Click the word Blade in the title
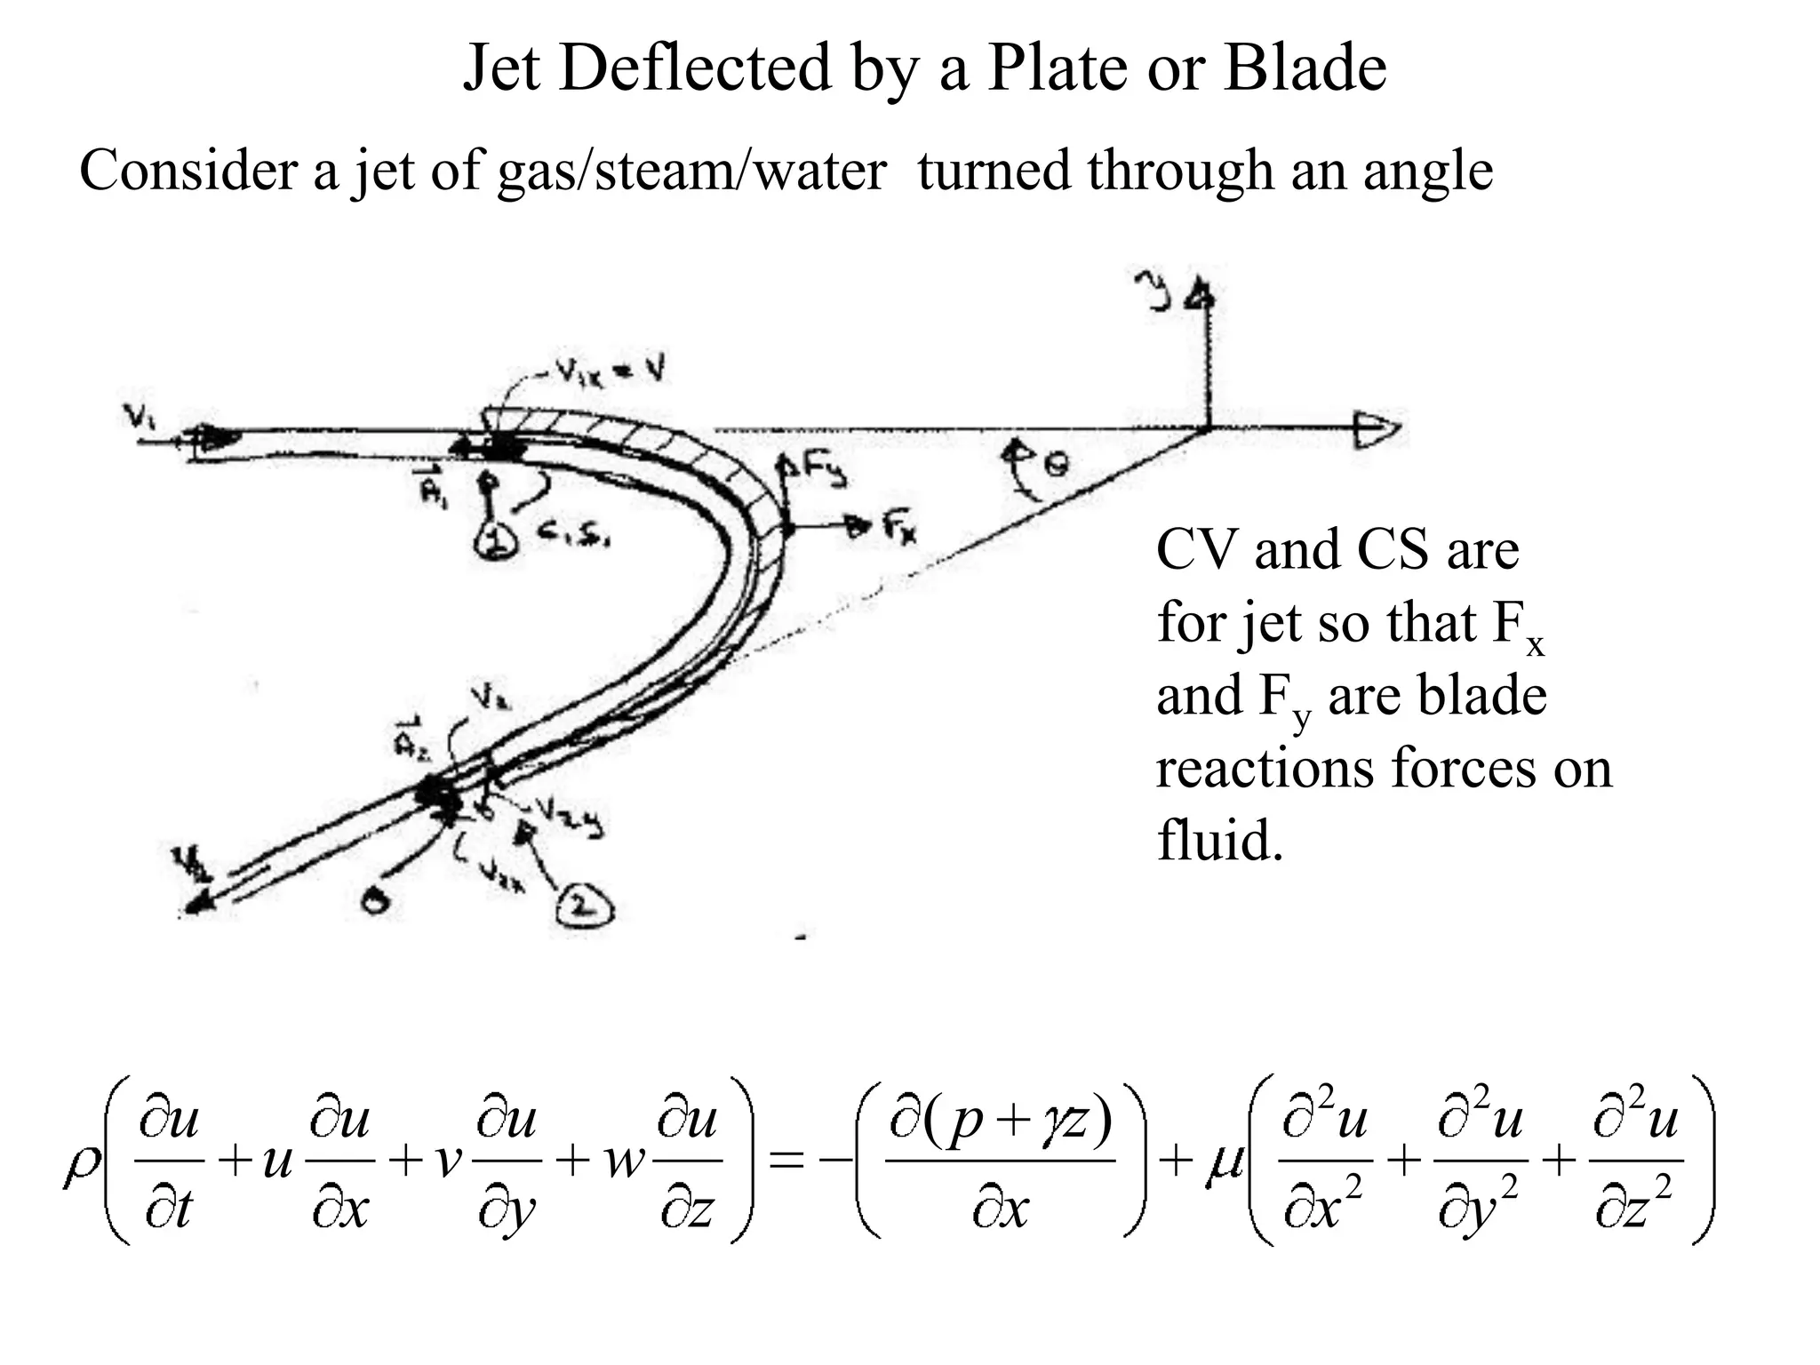pyautogui.click(x=1304, y=68)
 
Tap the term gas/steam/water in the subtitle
pyautogui.click(x=690, y=171)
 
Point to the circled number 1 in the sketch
pyautogui.click(x=491, y=539)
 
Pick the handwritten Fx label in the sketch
pyautogui.click(x=900, y=529)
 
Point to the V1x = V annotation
pyautogui.click(x=613, y=373)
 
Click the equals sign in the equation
pyautogui.click(x=786, y=1162)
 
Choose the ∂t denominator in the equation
pyautogui.click(x=168, y=1210)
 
